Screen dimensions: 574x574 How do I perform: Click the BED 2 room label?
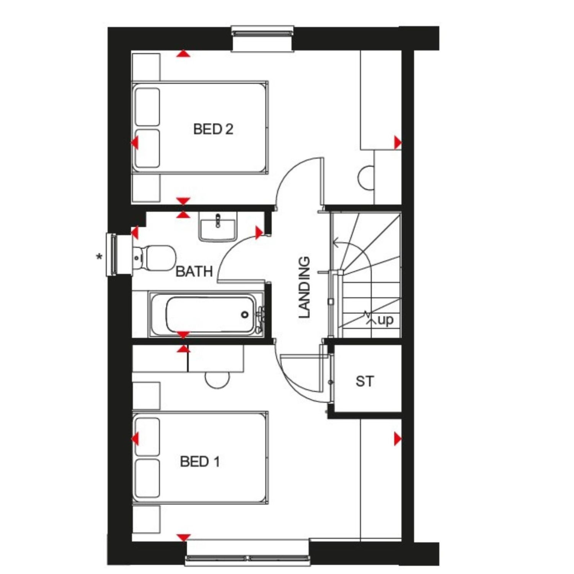tap(213, 129)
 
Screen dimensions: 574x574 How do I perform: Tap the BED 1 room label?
tap(200, 461)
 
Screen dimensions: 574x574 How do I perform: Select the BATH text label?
tap(194, 271)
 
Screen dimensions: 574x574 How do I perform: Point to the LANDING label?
tap(304, 287)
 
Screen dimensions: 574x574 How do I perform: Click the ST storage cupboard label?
tap(364, 381)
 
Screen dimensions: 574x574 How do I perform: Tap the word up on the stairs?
tap(385, 320)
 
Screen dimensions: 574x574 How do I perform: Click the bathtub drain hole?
tap(245, 315)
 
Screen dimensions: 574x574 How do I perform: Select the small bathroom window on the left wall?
tap(112, 254)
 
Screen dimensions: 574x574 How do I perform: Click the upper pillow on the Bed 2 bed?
tap(147, 106)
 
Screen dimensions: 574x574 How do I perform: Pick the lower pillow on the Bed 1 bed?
tap(147, 478)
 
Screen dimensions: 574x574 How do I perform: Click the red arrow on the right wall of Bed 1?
tap(398, 439)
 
